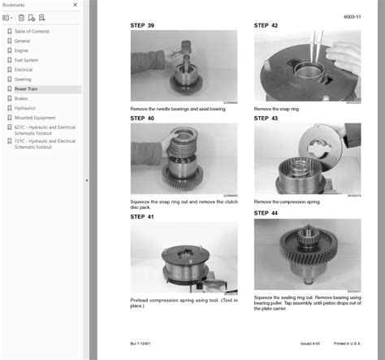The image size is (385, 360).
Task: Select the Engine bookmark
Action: coord(21,50)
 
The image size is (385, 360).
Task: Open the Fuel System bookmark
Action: coord(26,60)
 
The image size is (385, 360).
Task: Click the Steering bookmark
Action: coord(23,80)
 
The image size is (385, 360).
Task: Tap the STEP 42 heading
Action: coord(266,25)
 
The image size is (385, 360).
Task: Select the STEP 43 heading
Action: coord(266,119)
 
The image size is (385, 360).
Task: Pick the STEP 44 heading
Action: coord(266,213)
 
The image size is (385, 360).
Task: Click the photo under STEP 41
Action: coord(184,258)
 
